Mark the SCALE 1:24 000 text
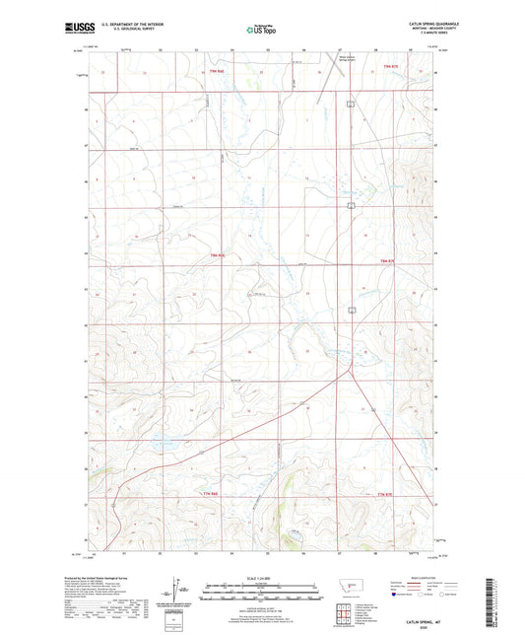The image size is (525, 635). pyautogui.click(x=261, y=577)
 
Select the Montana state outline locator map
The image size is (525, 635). pyautogui.click(x=348, y=586)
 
